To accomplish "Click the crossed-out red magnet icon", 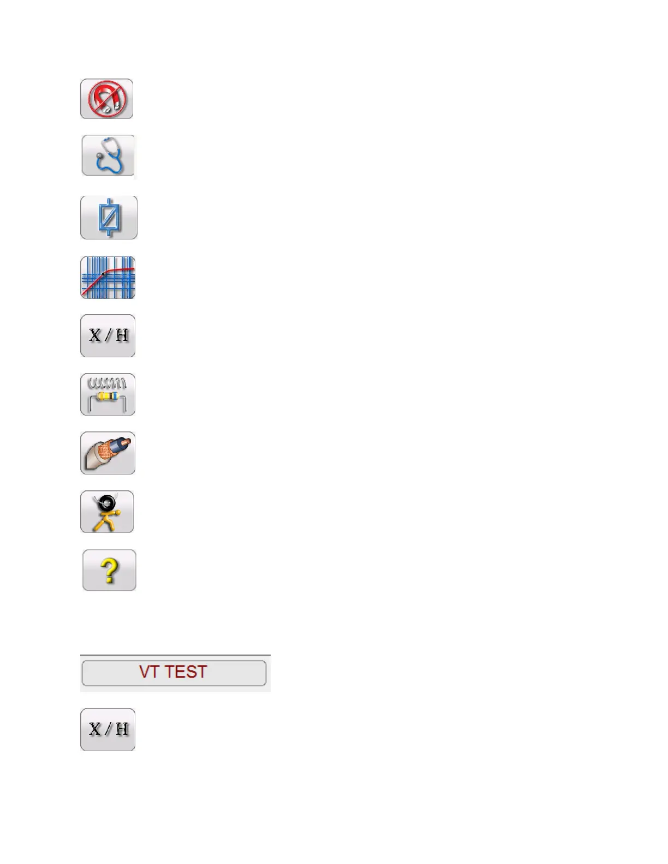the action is pos(107,99).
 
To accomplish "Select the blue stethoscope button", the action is pos(108,156).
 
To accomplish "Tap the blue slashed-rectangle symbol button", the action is pos(109,218).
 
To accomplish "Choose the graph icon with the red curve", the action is pos(108,278).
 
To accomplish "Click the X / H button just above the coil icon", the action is pos(108,335).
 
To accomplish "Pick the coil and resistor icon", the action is pos(108,394).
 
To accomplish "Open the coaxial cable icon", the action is pos(108,453).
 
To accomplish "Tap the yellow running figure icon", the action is pos(107,512).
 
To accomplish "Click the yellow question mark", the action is pos(109,571).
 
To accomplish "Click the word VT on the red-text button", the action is pos(148,672).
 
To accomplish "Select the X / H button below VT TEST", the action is pos(108,729).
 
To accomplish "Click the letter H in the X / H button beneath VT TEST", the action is pos(122,729).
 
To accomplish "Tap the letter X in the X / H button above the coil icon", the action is pos(95,335).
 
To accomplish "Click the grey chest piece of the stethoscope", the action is pos(99,156).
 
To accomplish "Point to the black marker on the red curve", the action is pos(103,273).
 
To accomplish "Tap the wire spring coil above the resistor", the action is pos(107,382).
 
